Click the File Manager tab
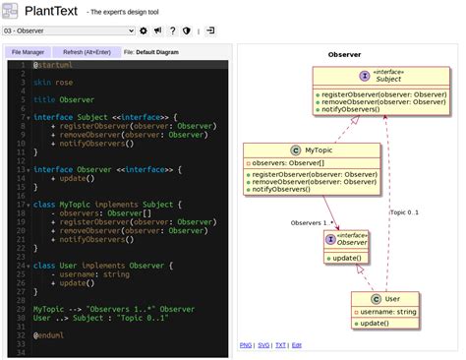(28, 52)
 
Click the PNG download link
(245, 345)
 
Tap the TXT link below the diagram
(280, 345)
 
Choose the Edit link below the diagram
(297, 345)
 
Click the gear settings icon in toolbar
(144, 30)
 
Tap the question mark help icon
(172, 30)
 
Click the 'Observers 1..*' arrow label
(312, 223)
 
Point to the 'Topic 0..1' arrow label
(404, 211)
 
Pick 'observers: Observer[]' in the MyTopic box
(288, 162)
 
